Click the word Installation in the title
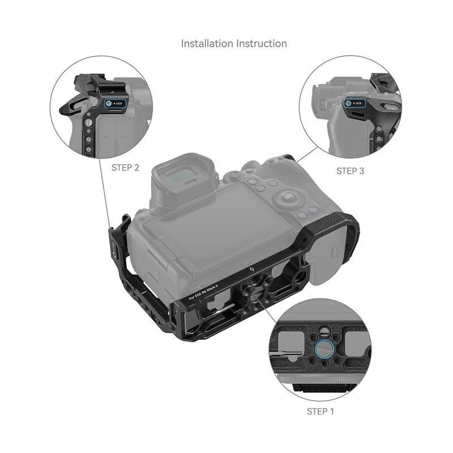[207, 44]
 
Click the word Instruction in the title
[262, 44]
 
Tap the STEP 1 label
[320, 412]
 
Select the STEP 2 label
[125, 168]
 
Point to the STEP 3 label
[350, 171]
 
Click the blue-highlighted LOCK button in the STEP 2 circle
[115, 104]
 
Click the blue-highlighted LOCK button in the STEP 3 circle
[354, 103]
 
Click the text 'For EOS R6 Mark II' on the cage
[203, 292]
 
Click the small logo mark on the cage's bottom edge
[251, 270]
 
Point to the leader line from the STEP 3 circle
[307, 155]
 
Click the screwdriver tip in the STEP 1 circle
[301, 353]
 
